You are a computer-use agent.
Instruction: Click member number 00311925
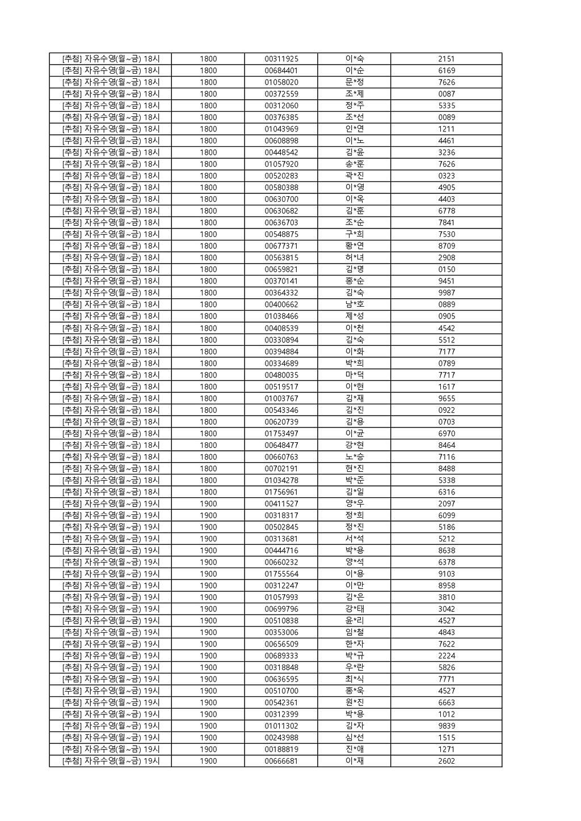tap(281, 59)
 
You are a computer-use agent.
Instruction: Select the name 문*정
tap(354, 82)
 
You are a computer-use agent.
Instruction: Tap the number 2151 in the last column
tap(446, 59)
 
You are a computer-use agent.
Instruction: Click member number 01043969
tap(281, 129)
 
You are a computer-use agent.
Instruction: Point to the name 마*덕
tap(354, 375)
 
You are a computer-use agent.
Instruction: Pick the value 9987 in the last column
tap(446, 293)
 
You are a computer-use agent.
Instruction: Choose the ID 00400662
tap(281, 304)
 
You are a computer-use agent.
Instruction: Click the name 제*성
tap(354, 316)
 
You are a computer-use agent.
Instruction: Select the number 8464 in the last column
tap(446, 445)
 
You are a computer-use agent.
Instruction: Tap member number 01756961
tap(281, 492)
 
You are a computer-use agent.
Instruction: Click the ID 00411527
tap(281, 503)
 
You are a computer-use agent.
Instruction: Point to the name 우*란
tap(354, 667)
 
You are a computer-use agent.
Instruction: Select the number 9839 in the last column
tap(446, 726)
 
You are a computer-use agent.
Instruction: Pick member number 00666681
tap(281, 761)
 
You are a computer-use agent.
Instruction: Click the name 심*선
tap(354, 738)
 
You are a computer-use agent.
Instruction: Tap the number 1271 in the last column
tap(446, 749)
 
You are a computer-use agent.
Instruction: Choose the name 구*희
tap(354, 234)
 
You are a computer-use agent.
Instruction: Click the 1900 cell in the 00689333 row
tap(208, 656)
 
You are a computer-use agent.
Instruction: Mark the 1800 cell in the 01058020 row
tap(208, 82)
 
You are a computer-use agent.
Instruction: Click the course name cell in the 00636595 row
tap(111, 679)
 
